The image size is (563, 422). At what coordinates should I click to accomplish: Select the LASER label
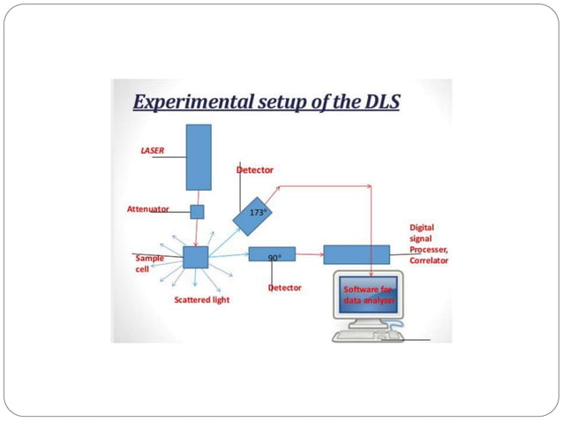[x=153, y=150]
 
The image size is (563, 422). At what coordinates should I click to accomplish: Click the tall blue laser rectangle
[x=199, y=157]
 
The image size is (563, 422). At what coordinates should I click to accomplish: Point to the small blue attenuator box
[x=197, y=212]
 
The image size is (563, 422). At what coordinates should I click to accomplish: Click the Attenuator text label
[x=147, y=210]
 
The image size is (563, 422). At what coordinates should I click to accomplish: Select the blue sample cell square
[x=195, y=257]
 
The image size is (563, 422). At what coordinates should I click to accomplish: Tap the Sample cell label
[x=148, y=264]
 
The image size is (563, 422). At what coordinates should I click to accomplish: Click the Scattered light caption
[x=201, y=300]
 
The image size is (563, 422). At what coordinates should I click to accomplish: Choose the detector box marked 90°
[x=272, y=255]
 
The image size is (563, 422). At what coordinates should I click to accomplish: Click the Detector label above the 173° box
[x=255, y=169]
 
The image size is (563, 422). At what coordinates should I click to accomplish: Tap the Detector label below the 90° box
[x=284, y=288]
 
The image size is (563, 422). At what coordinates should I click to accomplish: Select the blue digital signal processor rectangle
[x=356, y=254]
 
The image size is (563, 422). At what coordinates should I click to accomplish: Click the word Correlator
[x=429, y=261]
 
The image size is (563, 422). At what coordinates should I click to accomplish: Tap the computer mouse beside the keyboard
[x=394, y=335]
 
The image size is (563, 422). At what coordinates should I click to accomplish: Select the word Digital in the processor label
[x=422, y=228]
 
